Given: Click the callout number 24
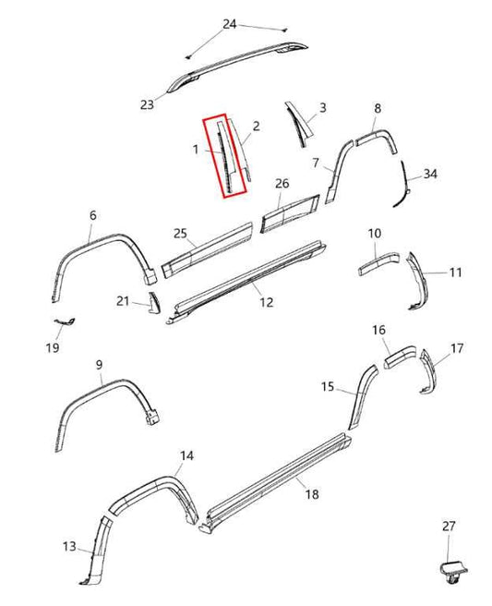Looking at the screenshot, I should click(230, 23).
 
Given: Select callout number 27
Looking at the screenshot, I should click(449, 527).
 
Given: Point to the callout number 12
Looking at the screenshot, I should click(266, 302).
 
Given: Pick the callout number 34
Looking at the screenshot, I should click(430, 174).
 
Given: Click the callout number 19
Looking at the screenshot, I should click(53, 347).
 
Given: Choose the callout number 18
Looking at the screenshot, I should click(312, 495).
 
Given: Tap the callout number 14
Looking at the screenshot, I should click(186, 455).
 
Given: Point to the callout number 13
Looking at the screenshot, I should click(70, 547).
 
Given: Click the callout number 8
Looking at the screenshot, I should click(377, 109).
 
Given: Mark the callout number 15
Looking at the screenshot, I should click(329, 388).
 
